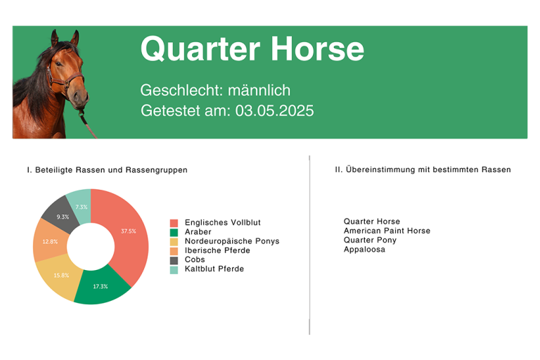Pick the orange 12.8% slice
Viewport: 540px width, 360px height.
pos(50,241)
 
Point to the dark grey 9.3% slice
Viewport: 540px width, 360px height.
pos(62,215)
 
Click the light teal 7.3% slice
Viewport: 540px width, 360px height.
pos(82,206)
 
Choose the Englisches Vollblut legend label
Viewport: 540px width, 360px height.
pos(222,223)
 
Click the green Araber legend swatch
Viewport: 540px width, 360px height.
pos(174,232)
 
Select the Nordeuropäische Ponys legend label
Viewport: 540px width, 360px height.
pos(232,241)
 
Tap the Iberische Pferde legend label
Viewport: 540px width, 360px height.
pos(217,250)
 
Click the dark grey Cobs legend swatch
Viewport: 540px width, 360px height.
pos(174,260)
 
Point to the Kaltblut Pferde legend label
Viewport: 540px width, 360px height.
pos(214,269)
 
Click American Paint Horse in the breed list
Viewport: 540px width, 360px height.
pos(387,231)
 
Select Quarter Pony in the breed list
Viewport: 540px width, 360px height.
pos(370,240)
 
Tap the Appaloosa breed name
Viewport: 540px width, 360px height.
pos(364,250)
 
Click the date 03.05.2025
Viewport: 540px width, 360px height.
pos(274,111)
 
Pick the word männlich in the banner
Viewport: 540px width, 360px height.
pos(259,90)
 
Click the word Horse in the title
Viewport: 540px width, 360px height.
pos(318,49)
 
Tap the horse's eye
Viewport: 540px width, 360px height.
pos(59,64)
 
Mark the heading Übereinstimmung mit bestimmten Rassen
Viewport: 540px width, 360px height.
pos(428,169)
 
